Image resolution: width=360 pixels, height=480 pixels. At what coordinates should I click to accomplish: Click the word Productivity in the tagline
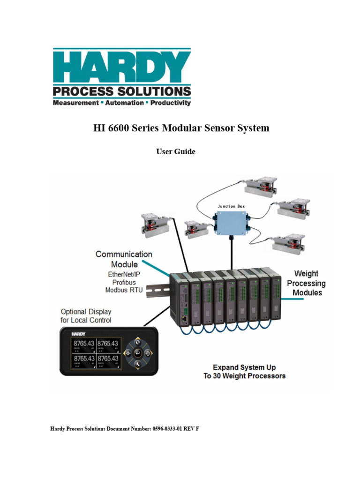coord(170,102)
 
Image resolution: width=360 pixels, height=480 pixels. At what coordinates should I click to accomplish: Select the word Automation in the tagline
coord(124,102)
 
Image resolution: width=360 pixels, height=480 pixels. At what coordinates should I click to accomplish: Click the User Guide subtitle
coord(175,151)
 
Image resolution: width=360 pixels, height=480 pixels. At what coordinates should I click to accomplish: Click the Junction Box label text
coord(231,205)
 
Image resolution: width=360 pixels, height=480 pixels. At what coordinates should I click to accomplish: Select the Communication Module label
coord(124,259)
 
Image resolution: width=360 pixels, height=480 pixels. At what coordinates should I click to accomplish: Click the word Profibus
coord(124,282)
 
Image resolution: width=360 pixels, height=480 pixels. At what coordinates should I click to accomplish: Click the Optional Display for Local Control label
coord(86,316)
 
